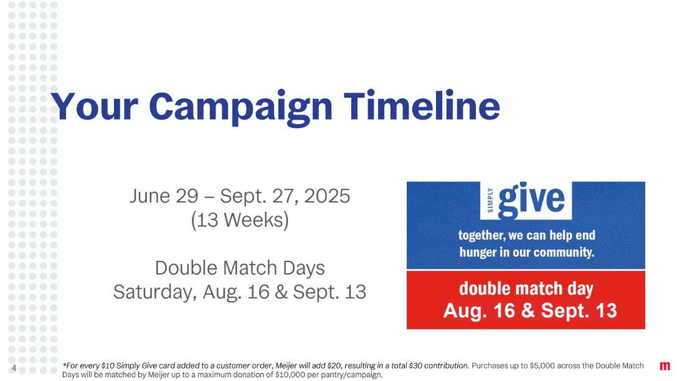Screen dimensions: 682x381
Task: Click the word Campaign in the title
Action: point(240,108)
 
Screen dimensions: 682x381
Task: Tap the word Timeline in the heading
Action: point(422,106)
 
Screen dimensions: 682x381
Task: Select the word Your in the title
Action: point(95,106)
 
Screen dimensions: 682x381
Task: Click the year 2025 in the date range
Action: point(326,195)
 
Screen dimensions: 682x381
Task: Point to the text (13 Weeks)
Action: point(240,220)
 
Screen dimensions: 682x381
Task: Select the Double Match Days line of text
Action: point(240,268)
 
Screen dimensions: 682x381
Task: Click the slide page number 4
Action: point(14,369)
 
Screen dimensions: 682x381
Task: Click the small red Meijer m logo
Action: point(665,366)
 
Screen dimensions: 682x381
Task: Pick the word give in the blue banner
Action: point(531,200)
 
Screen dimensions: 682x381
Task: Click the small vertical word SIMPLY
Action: point(490,200)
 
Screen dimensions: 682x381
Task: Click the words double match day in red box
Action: point(526,289)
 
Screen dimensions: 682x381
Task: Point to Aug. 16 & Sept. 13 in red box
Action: point(530,311)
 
